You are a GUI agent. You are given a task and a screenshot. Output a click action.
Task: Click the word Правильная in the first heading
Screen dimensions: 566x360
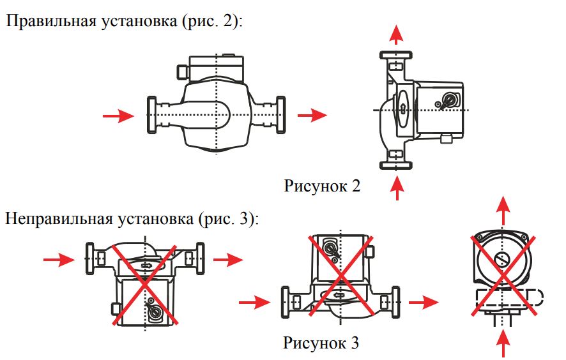point(51,21)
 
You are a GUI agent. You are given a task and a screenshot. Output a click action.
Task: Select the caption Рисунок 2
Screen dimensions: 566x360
point(322,186)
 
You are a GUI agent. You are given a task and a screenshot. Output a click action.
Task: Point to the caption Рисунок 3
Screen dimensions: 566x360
point(321,343)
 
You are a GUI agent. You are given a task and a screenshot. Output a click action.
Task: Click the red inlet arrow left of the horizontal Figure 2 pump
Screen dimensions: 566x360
point(118,116)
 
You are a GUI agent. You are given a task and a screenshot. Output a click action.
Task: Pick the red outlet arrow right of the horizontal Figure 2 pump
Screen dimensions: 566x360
point(312,116)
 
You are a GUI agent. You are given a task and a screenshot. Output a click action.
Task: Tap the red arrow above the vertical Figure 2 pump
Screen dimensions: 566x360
point(396,34)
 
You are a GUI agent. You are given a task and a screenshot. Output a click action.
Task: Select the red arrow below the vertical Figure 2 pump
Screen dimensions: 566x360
point(397,188)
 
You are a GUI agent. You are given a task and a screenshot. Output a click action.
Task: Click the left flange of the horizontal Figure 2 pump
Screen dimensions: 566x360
point(152,115)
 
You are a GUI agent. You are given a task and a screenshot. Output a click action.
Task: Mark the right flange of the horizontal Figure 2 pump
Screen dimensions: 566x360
point(280,115)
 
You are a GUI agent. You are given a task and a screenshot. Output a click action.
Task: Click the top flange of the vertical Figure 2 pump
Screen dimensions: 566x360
point(396,55)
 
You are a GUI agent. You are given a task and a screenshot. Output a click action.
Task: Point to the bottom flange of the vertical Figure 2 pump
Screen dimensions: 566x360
point(396,165)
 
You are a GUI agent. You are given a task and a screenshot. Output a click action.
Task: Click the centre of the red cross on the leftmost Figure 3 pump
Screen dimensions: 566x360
point(144,285)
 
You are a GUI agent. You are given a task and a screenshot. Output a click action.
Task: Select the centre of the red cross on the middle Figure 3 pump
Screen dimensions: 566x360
point(341,276)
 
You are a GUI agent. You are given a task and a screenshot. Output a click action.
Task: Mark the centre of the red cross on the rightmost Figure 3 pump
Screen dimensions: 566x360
point(503,276)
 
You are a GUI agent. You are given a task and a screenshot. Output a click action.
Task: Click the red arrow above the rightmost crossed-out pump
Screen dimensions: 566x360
point(503,211)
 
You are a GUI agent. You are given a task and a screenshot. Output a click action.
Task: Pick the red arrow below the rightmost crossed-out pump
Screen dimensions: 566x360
point(503,345)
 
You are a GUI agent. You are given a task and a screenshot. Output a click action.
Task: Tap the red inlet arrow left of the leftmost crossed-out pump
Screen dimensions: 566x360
point(59,260)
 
